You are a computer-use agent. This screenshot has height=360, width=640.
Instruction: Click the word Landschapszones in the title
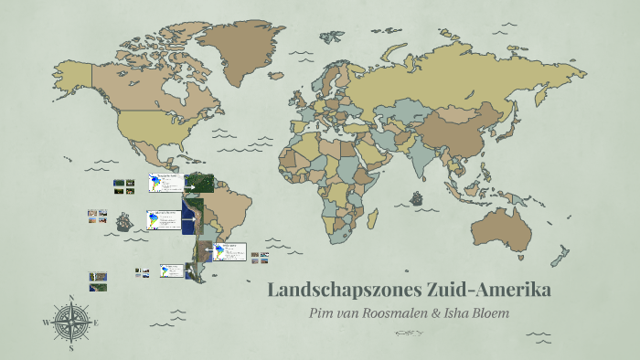pyautogui.click(x=343, y=291)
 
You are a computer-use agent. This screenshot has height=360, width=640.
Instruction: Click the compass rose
pyautogui.click(x=70, y=323)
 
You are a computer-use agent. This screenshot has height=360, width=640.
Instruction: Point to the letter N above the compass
pyautogui.click(x=70, y=298)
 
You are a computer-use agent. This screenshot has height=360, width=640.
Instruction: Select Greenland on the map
pyautogui.click(x=240, y=46)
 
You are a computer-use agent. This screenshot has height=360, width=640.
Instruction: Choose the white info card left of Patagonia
pyautogui.click(x=171, y=271)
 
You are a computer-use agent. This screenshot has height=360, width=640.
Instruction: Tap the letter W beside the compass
pyautogui.click(x=47, y=323)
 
